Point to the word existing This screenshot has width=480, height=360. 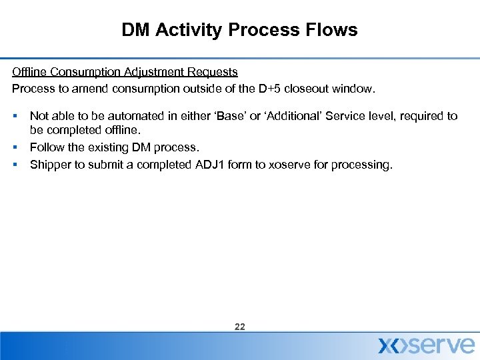coord(107,147)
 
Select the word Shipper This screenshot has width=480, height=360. coord(49,164)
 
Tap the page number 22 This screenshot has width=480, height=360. coord(240,327)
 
